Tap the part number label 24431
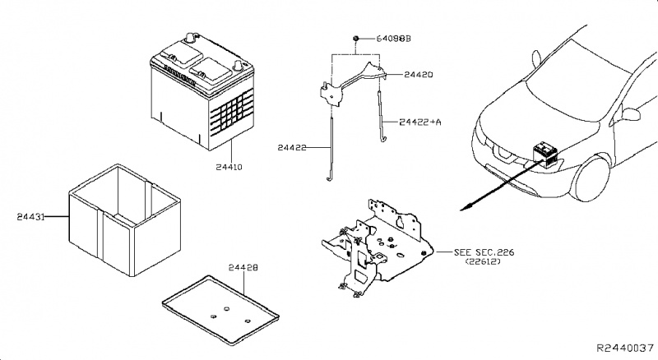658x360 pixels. [x=32, y=218]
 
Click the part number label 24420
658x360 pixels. [x=418, y=75]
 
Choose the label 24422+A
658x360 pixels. [x=419, y=122]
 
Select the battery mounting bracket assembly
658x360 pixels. [x=374, y=242]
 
